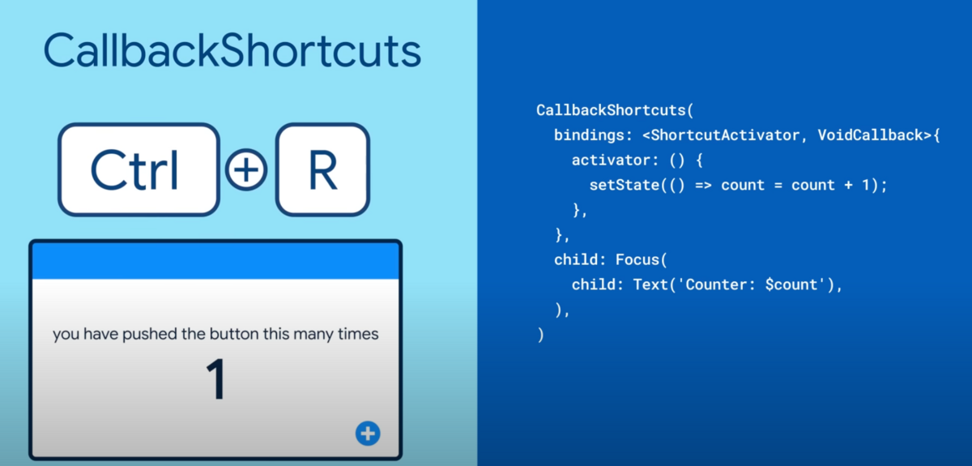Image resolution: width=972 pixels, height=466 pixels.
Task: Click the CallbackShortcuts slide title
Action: [232, 51]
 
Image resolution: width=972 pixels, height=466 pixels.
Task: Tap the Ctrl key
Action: [139, 169]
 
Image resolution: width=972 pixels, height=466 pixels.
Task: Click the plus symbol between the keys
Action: [246, 170]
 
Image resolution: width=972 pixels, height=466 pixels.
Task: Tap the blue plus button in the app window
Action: [368, 434]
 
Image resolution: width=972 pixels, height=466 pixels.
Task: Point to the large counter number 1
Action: [215, 379]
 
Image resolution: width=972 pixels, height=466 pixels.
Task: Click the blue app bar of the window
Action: [215, 261]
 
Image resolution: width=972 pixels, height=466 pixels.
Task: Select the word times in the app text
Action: [358, 334]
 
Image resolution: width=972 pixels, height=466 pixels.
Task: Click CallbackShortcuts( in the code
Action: [615, 110]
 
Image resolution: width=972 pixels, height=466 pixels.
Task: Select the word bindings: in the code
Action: [593, 135]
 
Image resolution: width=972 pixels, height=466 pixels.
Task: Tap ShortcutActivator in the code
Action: [725, 135]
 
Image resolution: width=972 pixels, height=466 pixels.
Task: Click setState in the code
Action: [625, 185]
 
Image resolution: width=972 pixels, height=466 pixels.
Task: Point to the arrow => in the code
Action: [703, 186]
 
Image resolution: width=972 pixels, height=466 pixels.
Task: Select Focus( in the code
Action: [642, 259]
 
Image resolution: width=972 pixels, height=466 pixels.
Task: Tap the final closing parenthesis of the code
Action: [540, 335]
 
